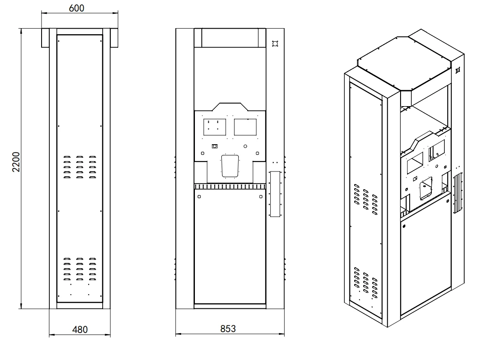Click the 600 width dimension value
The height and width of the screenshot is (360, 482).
(x=76, y=8)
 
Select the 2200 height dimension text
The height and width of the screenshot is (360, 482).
(x=16, y=162)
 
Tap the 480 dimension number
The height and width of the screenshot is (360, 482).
(x=80, y=330)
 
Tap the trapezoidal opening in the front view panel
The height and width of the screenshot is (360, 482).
(x=230, y=166)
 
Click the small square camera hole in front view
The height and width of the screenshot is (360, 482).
(x=214, y=146)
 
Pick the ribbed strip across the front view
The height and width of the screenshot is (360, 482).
(x=230, y=186)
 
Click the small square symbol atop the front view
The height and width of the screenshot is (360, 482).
(x=274, y=43)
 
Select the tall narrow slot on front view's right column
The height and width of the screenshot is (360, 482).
(x=275, y=193)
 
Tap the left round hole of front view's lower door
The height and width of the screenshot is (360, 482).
(x=199, y=196)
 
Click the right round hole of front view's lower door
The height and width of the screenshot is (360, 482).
(x=260, y=196)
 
